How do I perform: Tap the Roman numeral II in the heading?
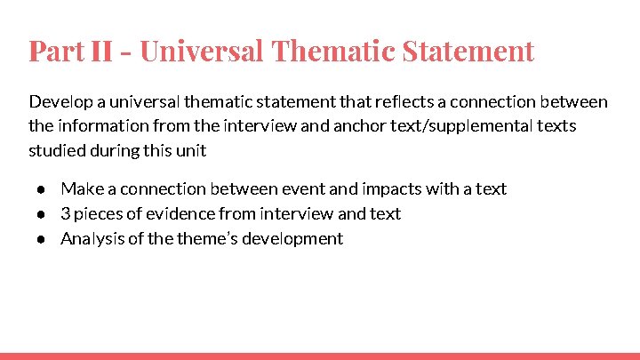pyautogui.click(x=104, y=51)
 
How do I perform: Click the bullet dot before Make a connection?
pyautogui.click(x=41, y=189)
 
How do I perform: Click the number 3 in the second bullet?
pyautogui.click(x=65, y=213)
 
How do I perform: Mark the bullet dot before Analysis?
pyautogui.click(x=41, y=239)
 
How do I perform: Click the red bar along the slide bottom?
pyautogui.click(x=320, y=356)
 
